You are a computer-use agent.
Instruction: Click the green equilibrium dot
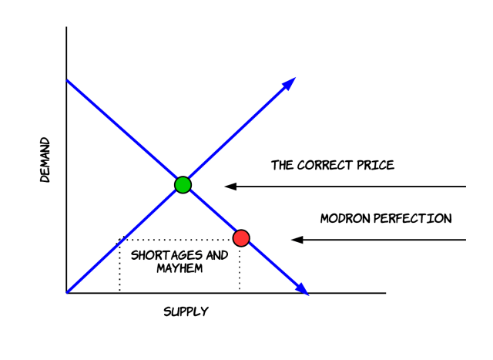click(183, 184)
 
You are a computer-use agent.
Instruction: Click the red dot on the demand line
click(241, 238)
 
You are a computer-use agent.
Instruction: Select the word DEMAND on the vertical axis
click(45, 160)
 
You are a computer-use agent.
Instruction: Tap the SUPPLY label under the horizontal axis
click(186, 312)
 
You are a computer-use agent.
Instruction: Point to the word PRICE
click(376, 165)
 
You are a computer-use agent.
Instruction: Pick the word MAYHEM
click(178, 268)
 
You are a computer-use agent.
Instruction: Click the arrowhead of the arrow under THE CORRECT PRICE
click(230, 186)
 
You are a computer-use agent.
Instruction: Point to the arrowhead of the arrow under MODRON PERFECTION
click(297, 240)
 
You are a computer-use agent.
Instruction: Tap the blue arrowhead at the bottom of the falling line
click(302, 289)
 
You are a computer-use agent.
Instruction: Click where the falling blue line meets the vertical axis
click(67, 80)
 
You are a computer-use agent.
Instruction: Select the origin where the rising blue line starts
click(68, 292)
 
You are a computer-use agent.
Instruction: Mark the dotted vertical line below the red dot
click(240, 270)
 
